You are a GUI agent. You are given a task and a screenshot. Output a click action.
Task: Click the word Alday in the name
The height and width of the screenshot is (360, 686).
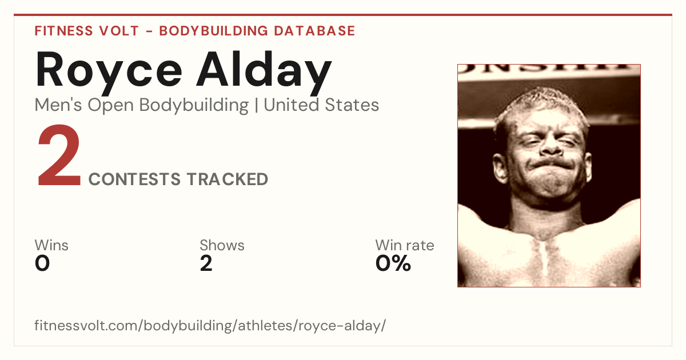(264, 72)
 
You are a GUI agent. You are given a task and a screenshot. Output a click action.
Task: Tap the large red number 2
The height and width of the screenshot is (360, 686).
(59, 155)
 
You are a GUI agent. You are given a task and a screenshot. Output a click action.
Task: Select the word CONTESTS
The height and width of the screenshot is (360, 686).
(134, 179)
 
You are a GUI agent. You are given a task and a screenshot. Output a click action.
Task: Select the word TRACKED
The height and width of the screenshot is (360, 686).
(228, 179)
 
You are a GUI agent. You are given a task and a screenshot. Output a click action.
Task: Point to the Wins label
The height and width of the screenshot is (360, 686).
(51, 245)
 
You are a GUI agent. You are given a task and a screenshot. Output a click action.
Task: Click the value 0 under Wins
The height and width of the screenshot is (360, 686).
(42, 263)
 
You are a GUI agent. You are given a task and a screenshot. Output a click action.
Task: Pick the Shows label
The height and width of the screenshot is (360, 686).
(222, 245)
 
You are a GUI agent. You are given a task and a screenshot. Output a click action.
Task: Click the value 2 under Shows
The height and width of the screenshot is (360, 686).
(206, 263)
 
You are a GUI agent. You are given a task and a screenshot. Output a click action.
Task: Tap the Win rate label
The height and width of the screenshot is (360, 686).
(405, 245)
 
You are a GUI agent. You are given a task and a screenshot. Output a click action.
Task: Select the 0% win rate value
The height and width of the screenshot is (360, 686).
(393, 263)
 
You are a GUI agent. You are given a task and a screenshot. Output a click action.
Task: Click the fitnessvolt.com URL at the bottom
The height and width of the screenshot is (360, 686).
(210, 325)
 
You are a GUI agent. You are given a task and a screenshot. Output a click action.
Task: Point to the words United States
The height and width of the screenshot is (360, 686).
(321, 105)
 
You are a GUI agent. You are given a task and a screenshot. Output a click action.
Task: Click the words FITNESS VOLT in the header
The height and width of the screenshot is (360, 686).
(87, 31)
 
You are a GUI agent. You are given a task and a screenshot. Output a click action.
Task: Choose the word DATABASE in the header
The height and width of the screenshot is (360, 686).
(314, 31)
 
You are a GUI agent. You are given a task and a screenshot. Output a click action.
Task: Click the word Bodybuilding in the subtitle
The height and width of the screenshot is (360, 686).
(194, 106)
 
